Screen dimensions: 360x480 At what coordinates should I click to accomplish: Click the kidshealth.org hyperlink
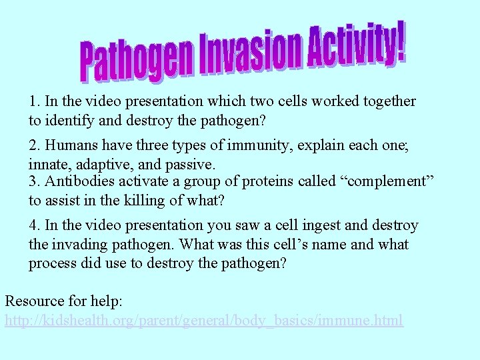204,321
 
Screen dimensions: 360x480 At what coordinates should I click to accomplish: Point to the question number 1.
34,101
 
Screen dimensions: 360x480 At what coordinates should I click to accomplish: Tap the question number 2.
34,145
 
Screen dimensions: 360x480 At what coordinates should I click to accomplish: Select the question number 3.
34,182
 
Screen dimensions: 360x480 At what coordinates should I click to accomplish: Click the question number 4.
34,225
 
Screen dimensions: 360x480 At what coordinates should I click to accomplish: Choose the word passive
190,163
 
